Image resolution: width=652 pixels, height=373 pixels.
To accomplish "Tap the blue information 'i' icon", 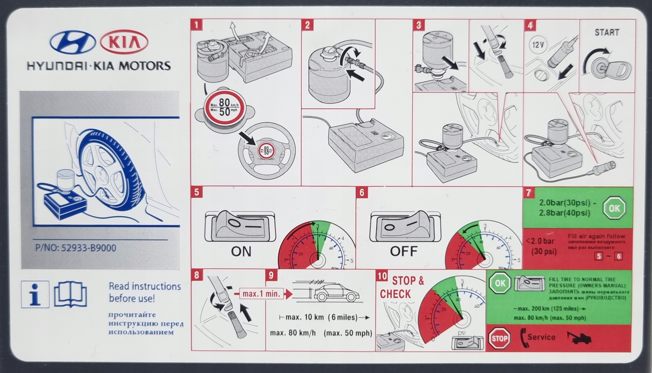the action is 35,294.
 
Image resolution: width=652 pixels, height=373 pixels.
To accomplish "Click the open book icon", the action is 71,294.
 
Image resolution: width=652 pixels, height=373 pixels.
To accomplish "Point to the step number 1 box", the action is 197,25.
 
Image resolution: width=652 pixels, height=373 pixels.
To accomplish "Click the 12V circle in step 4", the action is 537,46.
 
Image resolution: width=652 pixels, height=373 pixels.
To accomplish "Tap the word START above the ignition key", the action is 606,33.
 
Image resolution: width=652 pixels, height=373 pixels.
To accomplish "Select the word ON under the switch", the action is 241,252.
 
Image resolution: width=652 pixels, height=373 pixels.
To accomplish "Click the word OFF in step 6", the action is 403,251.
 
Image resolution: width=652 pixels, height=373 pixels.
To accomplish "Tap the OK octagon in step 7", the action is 614,208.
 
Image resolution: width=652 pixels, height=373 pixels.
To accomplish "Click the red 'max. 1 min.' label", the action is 261,294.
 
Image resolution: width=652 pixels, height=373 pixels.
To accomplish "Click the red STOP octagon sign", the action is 499,338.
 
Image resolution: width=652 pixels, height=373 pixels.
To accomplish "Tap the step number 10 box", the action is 382,276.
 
